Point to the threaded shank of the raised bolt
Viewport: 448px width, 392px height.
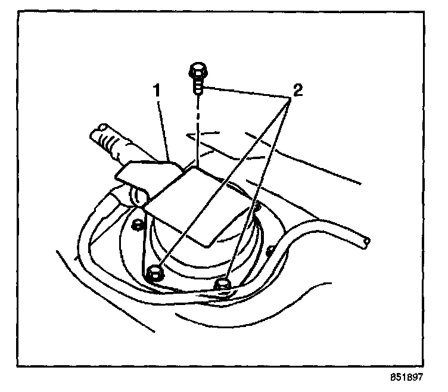[198, 87]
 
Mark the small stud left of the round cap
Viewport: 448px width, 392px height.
[138, 224]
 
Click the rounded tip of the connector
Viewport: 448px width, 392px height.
[102, 127]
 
